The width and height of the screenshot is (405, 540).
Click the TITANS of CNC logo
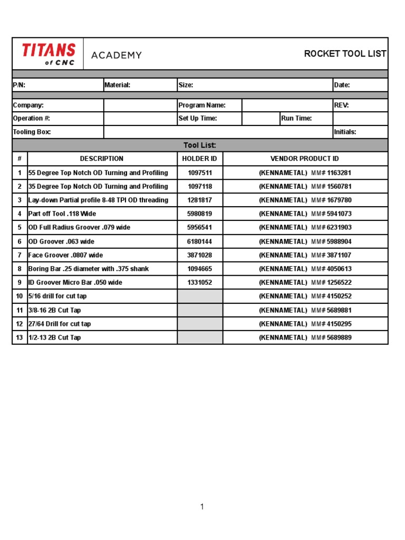[49, 54]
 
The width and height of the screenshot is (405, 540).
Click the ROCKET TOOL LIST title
[345, 54]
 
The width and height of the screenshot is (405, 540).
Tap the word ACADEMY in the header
[117, 55]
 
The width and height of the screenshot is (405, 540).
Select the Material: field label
[117, 85]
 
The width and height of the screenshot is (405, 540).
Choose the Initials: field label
[345, 132]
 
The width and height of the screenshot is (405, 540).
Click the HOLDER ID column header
[199, 159]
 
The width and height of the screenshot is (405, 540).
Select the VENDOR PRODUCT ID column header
[304, 159]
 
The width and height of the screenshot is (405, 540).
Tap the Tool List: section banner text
[200, 146]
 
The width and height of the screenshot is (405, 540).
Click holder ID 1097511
[199, 173]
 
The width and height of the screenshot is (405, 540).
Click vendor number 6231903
[339, 228]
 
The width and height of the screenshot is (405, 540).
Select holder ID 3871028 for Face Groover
[199, 255]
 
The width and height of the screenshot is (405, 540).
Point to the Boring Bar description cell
[89, 269]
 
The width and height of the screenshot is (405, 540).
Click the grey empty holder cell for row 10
[200, 296]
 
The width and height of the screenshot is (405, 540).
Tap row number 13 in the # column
[20, 337]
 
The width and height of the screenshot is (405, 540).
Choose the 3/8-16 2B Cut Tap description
[55, 310]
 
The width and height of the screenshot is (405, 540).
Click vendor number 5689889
[339, 337]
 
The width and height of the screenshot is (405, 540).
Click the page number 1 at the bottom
[202, 507]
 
